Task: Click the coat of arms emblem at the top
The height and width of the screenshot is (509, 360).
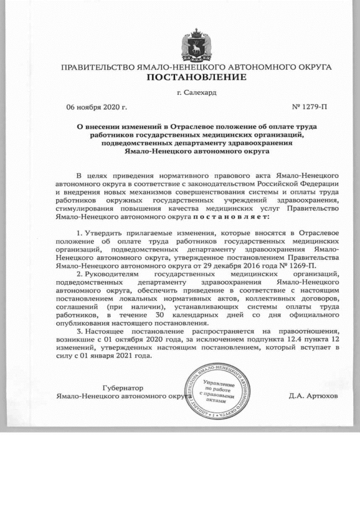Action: pos(196,45)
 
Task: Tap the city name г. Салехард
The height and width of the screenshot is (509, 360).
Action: pos(196,92)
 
